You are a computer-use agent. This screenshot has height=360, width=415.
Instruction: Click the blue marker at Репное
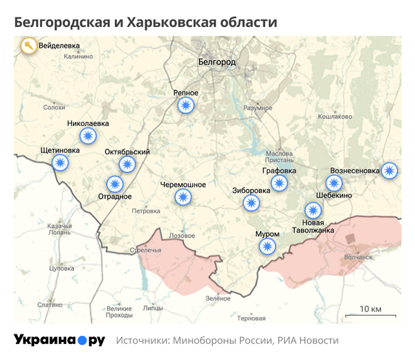point(185,105)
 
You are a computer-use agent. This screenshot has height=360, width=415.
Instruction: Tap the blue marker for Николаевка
point(88,136)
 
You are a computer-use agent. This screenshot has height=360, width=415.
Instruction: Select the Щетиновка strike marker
point(61,163)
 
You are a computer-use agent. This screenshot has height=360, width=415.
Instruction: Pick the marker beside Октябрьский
point(127,164)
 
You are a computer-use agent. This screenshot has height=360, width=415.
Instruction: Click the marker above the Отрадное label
point(115,184)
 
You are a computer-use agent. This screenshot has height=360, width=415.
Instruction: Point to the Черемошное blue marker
point(183,197)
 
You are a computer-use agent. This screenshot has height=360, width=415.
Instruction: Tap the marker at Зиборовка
point(251,203)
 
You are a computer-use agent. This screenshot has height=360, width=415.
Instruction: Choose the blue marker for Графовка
point(279,183)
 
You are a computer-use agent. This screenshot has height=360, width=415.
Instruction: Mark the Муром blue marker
point(267,246)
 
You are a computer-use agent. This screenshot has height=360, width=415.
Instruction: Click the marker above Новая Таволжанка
point(313,210)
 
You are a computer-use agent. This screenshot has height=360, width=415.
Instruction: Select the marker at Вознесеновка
point(390,170)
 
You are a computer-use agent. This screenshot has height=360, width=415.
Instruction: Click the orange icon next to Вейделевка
point(28,47)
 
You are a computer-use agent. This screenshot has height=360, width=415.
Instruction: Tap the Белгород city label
point(216,62)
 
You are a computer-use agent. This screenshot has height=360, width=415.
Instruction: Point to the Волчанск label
point(358,257)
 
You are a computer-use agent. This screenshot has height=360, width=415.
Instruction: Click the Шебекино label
point(335,195)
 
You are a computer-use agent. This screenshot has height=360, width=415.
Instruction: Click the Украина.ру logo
point(59,340)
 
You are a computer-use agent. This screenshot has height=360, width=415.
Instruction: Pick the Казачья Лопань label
point(59,230)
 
